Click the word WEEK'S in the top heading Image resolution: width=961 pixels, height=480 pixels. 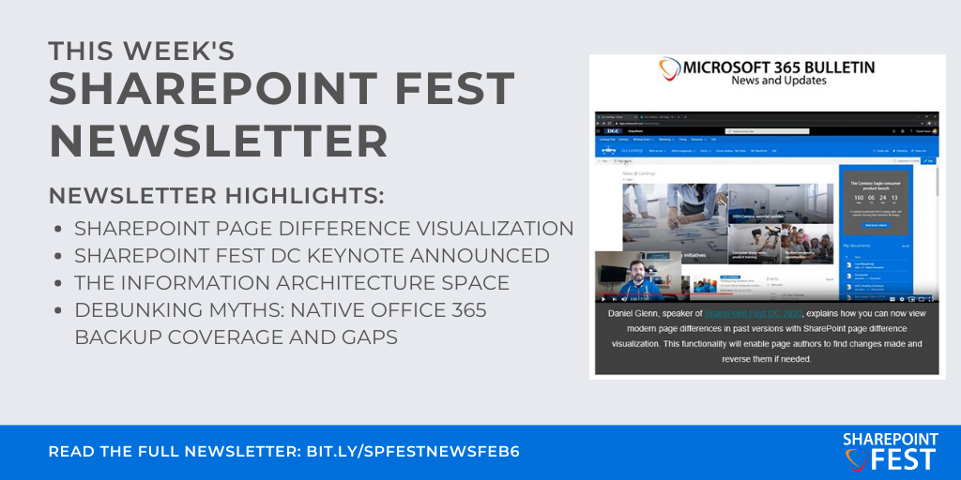[181, 50]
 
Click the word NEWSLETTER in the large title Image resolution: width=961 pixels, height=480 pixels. [218, 141]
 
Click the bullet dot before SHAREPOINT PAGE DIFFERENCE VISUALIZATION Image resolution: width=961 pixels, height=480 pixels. [59, 229]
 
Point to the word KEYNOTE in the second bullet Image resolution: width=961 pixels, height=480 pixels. [348, 255]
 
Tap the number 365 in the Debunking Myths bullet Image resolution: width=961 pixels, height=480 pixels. [452, 309]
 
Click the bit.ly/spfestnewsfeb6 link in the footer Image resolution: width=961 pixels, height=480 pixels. [413, 451]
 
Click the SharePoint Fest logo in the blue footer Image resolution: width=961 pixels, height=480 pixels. [889, 450]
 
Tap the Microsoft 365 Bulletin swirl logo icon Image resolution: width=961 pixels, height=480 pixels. [668, 69]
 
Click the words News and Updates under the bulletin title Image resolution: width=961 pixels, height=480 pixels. [778, 82]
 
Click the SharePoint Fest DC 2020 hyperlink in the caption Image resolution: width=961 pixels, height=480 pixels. [752, 312]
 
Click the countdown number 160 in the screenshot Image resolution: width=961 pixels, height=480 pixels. [857, 199]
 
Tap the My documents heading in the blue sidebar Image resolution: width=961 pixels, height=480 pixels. [861, 246]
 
